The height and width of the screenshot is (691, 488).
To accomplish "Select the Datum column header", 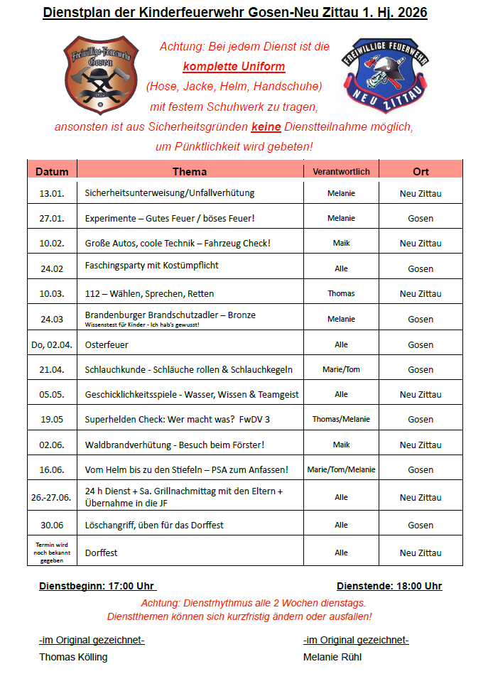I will tap(52, 171).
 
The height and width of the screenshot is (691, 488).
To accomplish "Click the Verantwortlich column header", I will tap(341, 171).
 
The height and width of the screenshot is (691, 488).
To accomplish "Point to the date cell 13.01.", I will tap(52, 193).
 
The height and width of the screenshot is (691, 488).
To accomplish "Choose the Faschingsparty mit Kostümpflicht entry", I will tap(151, 266).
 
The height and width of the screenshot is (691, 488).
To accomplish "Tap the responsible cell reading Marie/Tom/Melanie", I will tap(341, 469).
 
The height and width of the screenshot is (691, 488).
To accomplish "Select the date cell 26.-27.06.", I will tap(52, 497).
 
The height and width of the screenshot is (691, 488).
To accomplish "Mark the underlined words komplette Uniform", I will tap(234, 67).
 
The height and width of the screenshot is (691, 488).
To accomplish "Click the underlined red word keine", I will tap(266, 127).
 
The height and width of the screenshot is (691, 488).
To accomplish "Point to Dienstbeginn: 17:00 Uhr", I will tap(97, 586).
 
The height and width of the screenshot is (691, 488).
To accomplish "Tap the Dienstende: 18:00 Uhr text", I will tap(389, 586).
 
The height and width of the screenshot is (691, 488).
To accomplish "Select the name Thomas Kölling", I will tap(73, 657).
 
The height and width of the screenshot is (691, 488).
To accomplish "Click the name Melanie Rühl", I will tap(332, 657).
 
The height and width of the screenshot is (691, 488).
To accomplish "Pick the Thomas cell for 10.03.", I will tap(341, 293).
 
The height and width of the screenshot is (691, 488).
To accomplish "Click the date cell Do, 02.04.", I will tap(52, 344).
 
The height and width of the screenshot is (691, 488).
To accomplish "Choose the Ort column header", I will tap(421, 171).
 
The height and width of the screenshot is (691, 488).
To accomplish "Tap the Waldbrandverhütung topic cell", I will tap(174, 445).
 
